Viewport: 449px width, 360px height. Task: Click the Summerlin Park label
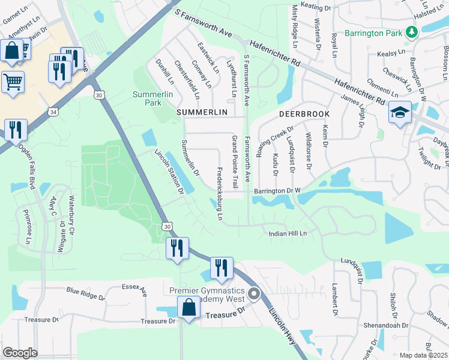[147, 98]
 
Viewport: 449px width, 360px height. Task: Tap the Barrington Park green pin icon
[412, 32]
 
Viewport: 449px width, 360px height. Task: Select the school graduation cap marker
[399, 112]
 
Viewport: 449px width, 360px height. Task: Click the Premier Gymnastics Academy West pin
[254, 294]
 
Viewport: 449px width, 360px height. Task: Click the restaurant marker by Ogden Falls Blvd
[15, 129]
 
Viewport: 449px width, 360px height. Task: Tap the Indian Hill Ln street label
[288, 233]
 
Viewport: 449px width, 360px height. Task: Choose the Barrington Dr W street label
[276, 191]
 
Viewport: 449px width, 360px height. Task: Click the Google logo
[20, 352]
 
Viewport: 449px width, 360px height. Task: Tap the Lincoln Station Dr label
[169, 172]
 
